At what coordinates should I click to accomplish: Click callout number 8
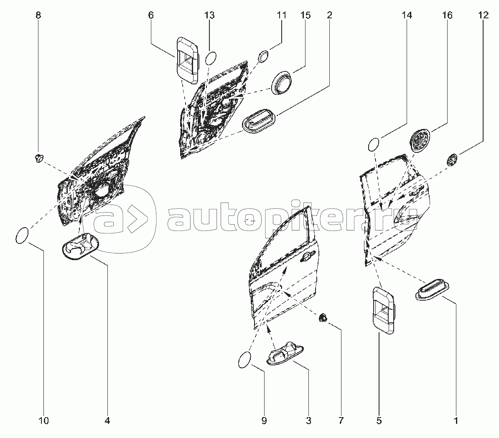coord(38,16)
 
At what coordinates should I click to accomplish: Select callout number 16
coord(447,16)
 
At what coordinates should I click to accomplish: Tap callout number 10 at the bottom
coord(44,420)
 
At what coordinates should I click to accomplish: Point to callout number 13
coord(209,16)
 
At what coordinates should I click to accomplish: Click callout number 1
coord(456,420)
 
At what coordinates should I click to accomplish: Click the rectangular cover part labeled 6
coord(188,60)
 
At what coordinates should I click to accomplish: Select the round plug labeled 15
coord(282,83)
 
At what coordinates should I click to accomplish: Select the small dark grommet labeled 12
coord(452,160)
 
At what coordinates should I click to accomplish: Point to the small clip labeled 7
coord(323,319)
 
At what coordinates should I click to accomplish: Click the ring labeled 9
coord(245,360)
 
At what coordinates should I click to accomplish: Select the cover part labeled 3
coord(284,355)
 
